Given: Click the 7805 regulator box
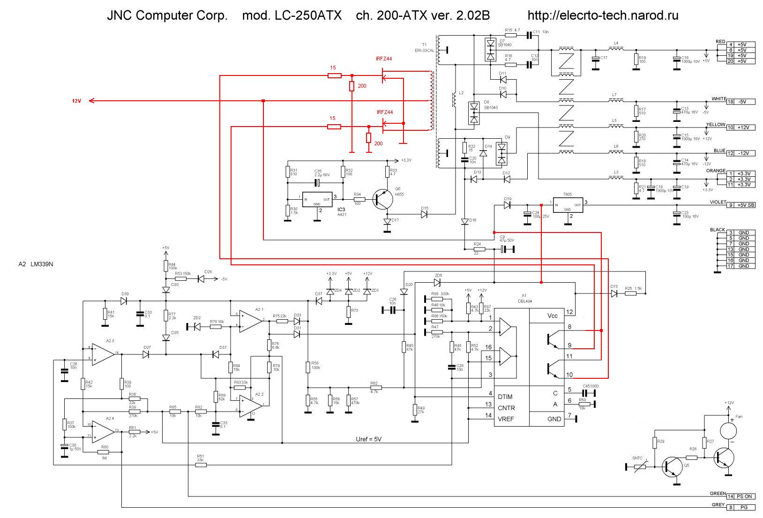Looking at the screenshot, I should (x=568, y=205).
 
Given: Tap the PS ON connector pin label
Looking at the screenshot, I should (x=744, y=496).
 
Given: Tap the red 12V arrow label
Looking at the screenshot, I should (x=76, y=101).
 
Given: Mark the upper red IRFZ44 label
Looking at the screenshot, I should (x=384, y=59).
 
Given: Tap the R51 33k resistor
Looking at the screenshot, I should (x=200, y=465).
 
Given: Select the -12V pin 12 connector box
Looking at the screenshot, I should (x=741, y=153).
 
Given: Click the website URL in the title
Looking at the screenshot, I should (x=603, y=15).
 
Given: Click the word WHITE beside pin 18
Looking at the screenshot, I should (x=718, y=99).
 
